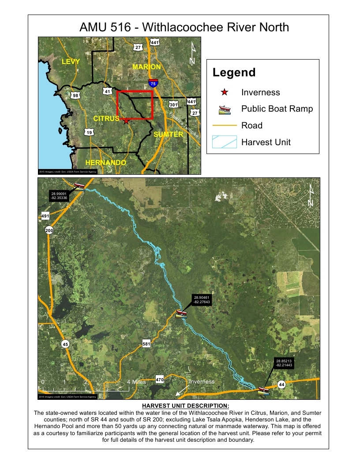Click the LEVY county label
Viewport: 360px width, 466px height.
point(71,62)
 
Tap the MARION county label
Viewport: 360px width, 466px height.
point(146,67)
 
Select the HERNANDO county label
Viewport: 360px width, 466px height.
point(105,162)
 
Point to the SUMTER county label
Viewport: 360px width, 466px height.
point(168,134)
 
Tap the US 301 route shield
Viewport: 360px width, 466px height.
point(173,105)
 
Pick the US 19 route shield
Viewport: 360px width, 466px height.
point(89,132)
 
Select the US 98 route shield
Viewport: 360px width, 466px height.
point(75,95)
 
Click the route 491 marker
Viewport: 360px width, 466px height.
point(45,216)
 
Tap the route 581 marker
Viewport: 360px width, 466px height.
point(146,344)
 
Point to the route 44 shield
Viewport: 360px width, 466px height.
point(282,384)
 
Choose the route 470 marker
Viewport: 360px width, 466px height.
point(160,379)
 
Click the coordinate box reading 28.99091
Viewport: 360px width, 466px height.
point(59,195)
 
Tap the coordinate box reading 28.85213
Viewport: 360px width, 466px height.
point(285,363)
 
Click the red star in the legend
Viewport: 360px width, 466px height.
point(225,92)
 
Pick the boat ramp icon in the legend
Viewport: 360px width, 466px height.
point(225,109)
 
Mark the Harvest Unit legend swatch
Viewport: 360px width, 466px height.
point(225,142)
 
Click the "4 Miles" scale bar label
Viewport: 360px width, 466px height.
point(136,382)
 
